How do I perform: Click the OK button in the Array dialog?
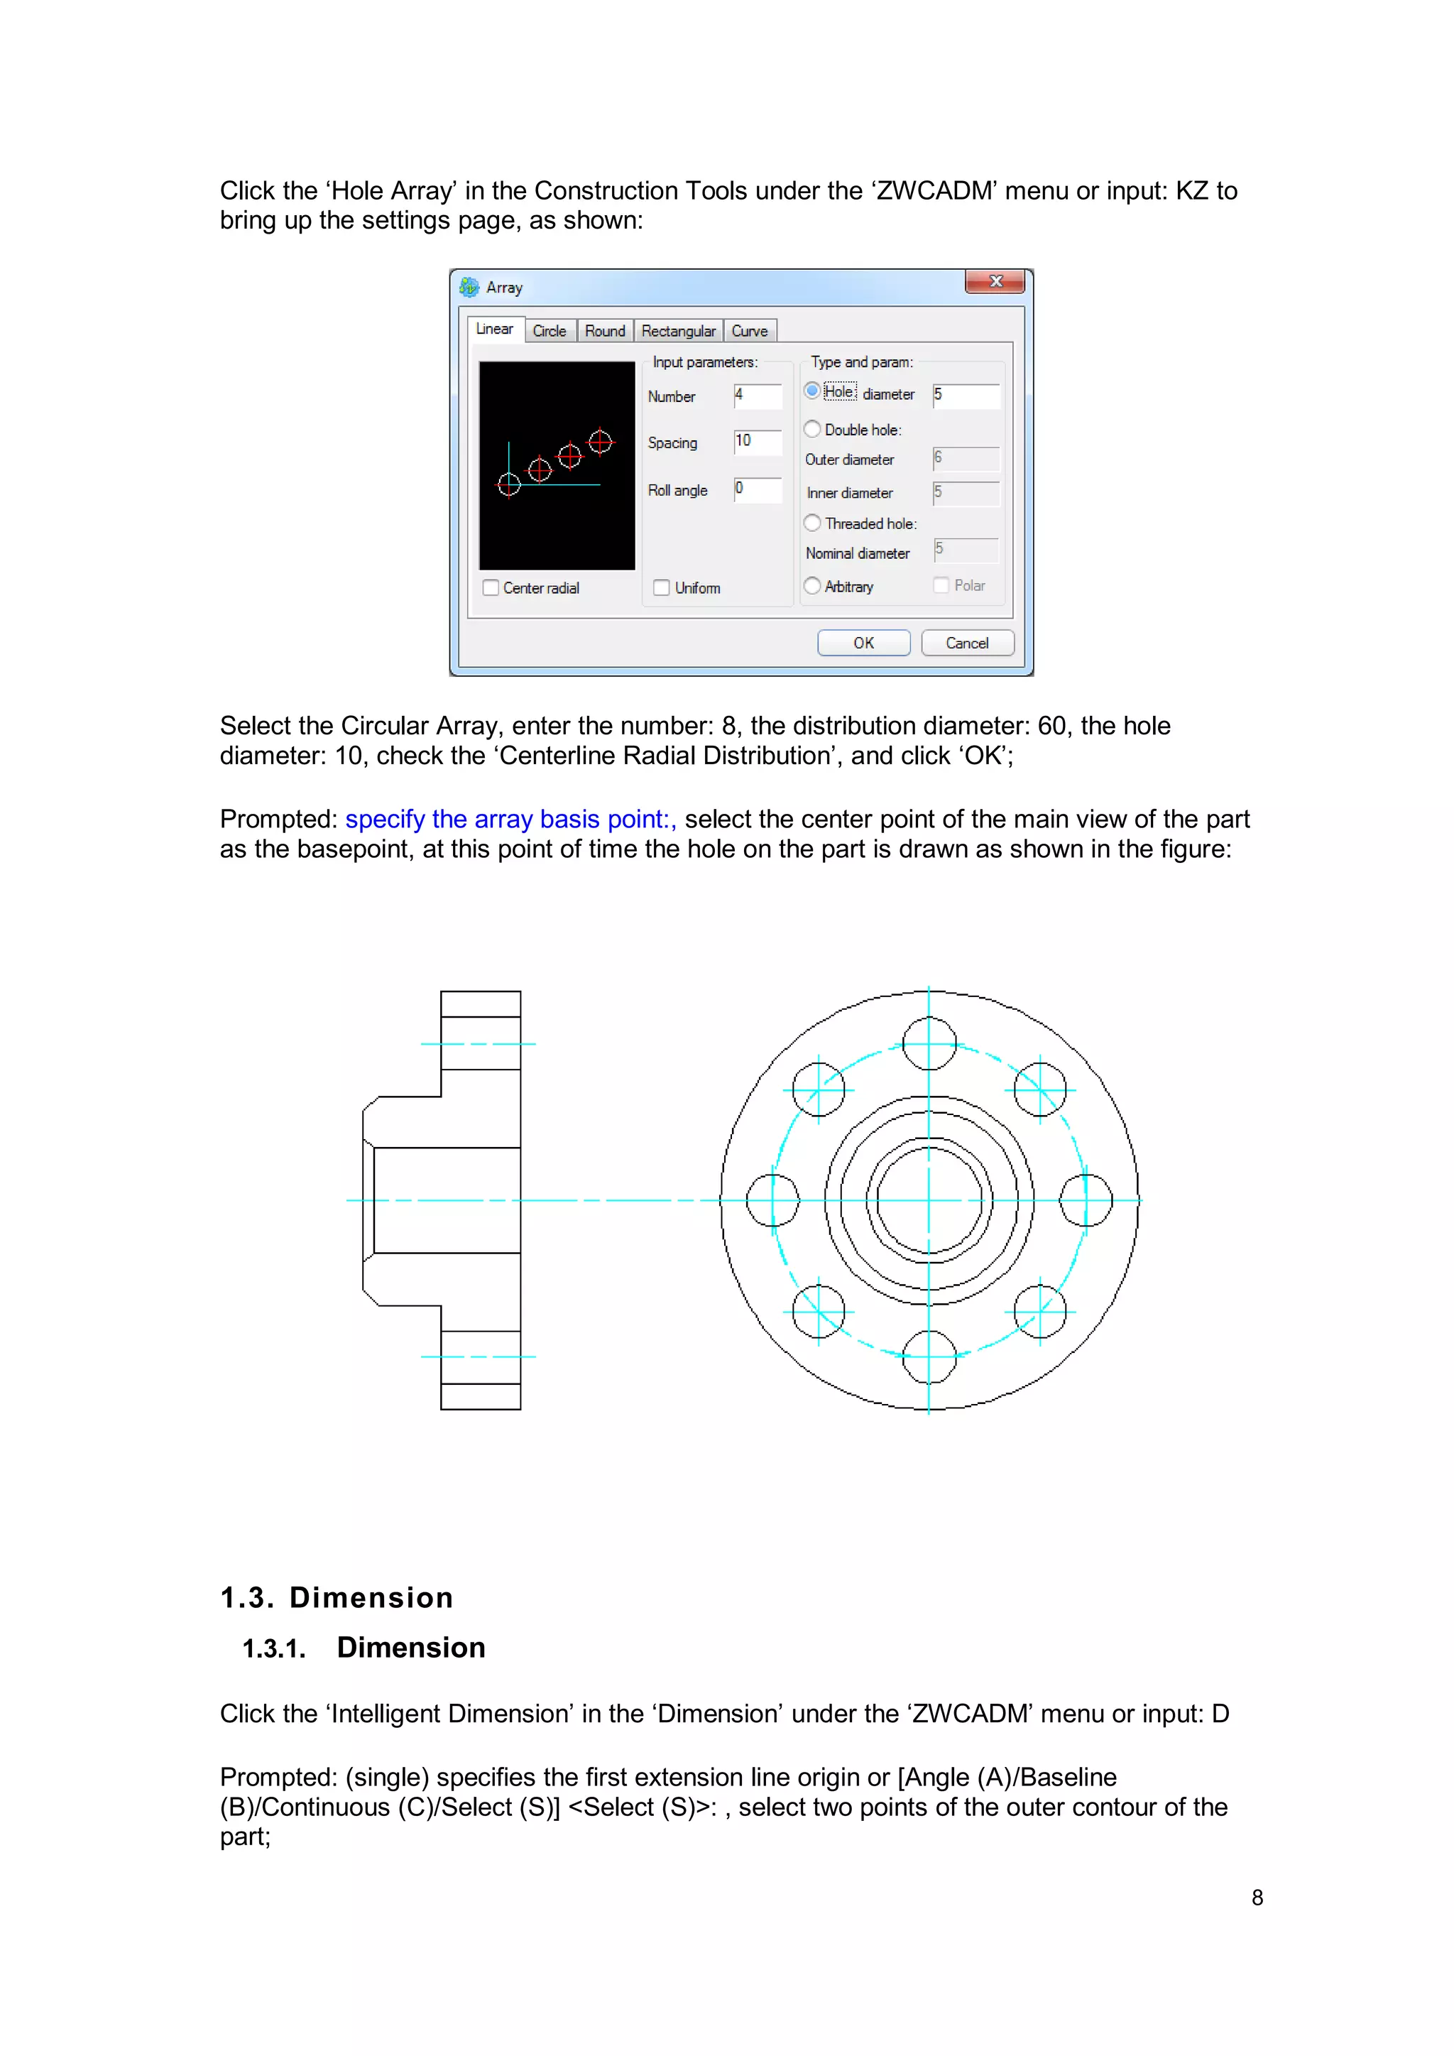pos(863,643)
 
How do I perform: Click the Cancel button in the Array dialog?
pos(967,643)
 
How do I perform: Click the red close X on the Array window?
pos(995,281)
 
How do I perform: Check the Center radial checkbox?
pos(491,588)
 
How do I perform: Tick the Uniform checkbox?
pos(662,588)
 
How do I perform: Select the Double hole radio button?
pos(812,429)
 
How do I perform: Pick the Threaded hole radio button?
pos(812,523)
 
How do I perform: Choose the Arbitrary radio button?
pos(812,586)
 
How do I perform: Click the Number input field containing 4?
pos(758,395)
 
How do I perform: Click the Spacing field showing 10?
pos(758,442)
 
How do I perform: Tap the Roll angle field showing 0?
pos(758,489)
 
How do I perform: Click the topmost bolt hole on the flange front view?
pos(929,1043)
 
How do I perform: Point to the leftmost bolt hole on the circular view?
pos(772,1200)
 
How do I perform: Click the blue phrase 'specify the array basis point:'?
pos(510,820)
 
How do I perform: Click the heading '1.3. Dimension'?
pos(337,1597)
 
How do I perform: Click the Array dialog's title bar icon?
pos(469,286)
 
